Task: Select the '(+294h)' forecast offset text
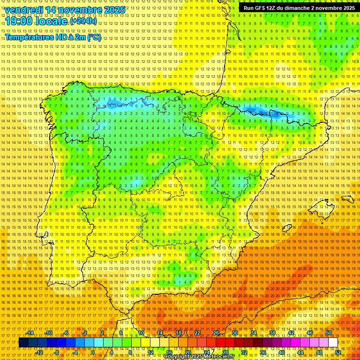pos(83,21)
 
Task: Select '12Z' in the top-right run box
pos(272,8)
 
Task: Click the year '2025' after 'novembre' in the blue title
pos(114,10)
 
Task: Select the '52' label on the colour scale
pos(337,352)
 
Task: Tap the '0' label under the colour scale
pos(93,352)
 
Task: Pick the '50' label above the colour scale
pos(329,333)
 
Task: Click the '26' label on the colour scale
pos(216,333)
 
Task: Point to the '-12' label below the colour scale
pos(39,352)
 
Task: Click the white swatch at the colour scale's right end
pos(333,343)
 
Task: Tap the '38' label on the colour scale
pos(272,333)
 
